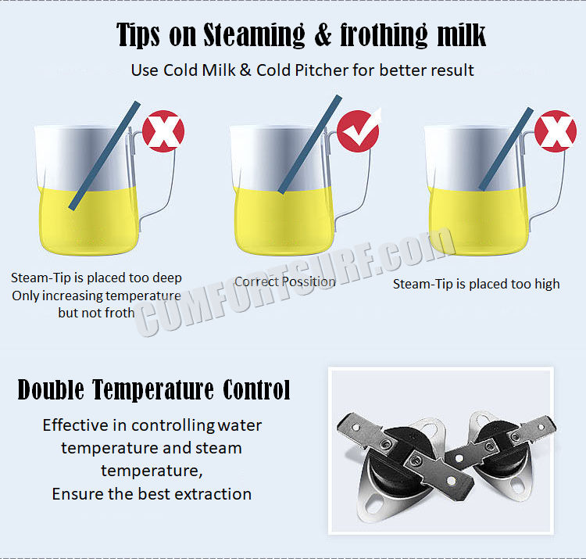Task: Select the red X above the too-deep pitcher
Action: [x=163, y=131]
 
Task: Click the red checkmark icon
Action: [x=359, y=131]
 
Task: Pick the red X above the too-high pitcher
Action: [x=555, y=131]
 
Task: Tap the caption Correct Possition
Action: [x=285, y=281]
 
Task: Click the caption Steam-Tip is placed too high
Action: [x=476, y=284]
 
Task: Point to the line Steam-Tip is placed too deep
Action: [x=96, y=278]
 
